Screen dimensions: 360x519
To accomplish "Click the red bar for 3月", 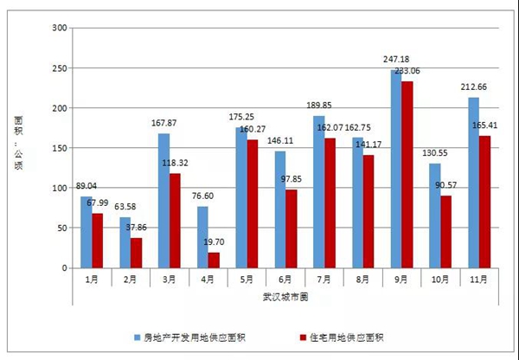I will click(x=175, y=221).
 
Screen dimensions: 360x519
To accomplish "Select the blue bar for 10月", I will click(x=434, y=215).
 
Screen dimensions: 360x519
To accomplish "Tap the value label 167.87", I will click(x=162, y=123).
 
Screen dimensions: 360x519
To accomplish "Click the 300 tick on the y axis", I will click(x=59, y=29).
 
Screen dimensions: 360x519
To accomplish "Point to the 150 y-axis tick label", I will click(x=59, y=148).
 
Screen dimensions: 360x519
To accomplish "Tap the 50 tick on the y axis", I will click(x=61, y=228).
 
